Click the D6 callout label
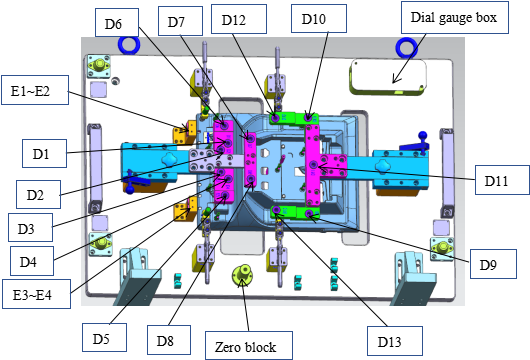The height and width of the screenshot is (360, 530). tap(117, 22)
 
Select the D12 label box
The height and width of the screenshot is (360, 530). tap(239, 19)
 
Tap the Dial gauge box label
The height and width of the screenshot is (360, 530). tap(455, 18)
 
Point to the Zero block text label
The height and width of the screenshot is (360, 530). tap(249, 345)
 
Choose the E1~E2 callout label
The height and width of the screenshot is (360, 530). tap(35, 90)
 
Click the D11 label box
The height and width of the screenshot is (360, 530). tap(502, 180)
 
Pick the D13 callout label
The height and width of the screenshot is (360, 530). tap(395, 341)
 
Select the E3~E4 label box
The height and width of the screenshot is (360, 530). tap(37, 294)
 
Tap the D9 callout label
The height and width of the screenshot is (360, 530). tap(493, 264)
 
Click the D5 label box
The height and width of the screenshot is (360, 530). tap(104, 337)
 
